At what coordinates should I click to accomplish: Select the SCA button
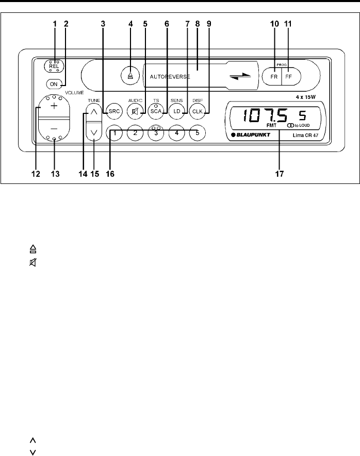point(155,111)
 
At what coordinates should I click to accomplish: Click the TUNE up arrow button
point(93,110)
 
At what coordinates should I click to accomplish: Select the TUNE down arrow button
point(93,132)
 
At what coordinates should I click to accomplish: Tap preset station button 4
point(176,133)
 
